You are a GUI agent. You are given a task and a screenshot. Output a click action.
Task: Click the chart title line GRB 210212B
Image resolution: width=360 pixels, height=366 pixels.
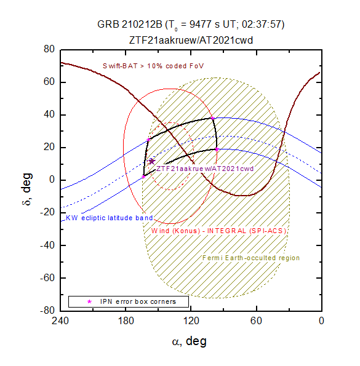click(191, 25)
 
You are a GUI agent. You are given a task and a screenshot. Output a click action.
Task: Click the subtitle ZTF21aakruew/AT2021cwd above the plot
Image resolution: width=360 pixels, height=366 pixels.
click(191, 41)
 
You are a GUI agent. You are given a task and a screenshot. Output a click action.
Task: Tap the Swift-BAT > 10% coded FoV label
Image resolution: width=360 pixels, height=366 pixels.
click(153, 66)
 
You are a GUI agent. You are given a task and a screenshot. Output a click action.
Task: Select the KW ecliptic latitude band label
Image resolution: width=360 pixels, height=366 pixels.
click(110, 218)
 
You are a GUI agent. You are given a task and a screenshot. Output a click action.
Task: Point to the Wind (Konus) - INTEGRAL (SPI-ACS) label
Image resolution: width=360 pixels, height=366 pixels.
click(218, 231)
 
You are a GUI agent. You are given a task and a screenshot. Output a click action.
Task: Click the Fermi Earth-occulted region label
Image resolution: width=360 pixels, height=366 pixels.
click(250, 258)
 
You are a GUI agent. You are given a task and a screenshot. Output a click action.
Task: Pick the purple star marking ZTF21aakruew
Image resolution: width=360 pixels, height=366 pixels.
click(152, 161)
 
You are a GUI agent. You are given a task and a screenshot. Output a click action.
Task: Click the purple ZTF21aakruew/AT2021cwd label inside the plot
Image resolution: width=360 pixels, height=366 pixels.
click(205, 169)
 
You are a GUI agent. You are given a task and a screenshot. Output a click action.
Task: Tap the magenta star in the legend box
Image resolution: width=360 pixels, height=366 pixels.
click(89, 301)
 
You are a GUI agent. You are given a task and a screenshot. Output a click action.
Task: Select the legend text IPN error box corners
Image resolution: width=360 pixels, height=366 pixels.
click(138, 301)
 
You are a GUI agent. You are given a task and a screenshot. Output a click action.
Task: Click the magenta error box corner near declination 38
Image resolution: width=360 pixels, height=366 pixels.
click(212, 118)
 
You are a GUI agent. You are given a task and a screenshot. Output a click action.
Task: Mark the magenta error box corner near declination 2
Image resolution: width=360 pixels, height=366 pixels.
click(143, 177)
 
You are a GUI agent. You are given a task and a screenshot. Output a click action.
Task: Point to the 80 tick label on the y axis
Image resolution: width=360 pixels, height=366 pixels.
click(49, 49)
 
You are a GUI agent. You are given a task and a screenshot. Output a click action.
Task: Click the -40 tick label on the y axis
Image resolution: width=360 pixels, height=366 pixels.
click(47, 245)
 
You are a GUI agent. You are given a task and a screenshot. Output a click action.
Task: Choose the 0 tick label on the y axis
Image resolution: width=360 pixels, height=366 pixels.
click(52, 180)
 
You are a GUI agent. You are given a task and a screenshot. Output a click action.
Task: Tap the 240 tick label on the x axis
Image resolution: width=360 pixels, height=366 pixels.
click(60, 320)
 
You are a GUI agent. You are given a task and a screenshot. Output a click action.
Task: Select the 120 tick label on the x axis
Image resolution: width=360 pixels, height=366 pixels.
click(191, 320)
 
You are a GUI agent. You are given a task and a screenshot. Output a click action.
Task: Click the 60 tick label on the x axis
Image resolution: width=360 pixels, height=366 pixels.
click(257, 320)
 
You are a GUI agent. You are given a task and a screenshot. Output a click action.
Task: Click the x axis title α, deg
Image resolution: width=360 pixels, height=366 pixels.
click(190, 341)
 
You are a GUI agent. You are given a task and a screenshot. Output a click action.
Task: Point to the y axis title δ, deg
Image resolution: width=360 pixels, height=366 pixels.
click(27, 189)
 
